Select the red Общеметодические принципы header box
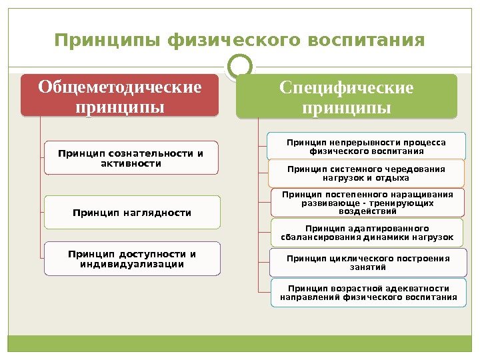(120, 96)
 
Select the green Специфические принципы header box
(347, 97)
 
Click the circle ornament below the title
(240, 66)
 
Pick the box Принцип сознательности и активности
(131, 157)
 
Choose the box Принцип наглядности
(131, 212)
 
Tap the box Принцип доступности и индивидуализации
(131, 259)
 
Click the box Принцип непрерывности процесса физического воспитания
(366, 146)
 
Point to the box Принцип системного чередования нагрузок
(366, 173)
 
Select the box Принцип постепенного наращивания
(367, 203)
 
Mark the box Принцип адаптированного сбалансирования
(366, 233)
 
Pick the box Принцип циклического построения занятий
(367, 263)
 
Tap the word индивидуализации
(131, 264)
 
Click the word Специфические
(347, 88)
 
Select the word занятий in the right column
(367, 267)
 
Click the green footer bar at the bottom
(240, 344)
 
